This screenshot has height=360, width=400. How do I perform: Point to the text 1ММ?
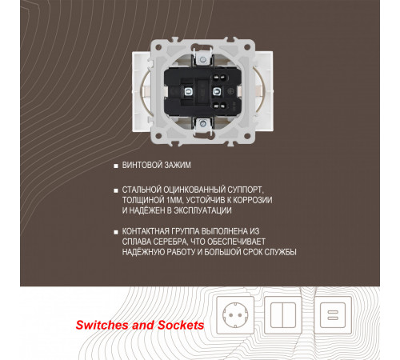[x=175, y=200]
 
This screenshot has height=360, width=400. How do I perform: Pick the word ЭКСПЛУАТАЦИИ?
[x=202, y=210]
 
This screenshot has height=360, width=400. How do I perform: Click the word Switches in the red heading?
[x=102, y=325]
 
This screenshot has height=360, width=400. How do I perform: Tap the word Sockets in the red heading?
[x=181, y=325]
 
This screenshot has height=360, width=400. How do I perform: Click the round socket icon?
[x=235, y=315]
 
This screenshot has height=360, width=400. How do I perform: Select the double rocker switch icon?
[x=283, y=315]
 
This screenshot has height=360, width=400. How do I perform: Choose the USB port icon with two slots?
[x=333, y=315]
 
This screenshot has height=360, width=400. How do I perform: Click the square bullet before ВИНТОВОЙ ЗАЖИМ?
[x=116, y=166]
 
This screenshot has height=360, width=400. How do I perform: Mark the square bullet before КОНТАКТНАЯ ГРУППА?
[x=116, y=232]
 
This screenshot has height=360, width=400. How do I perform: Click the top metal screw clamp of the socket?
[x=203, y=59]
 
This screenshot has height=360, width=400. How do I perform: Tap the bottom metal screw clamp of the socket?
[x=203, y=124]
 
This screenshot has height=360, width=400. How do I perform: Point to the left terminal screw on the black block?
[x=188, y=92]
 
